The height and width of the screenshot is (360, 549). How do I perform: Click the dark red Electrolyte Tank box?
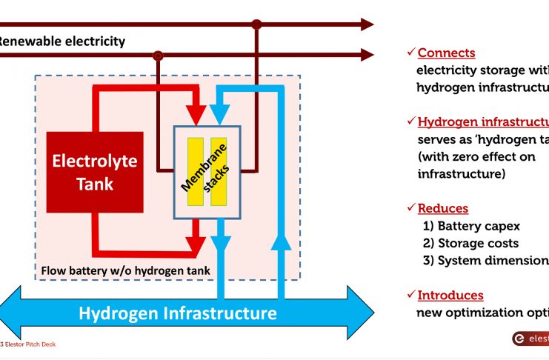pos(94,172)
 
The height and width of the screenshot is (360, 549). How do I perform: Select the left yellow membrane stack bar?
pos(195,172)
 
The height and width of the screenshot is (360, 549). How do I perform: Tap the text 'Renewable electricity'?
pos(62,41)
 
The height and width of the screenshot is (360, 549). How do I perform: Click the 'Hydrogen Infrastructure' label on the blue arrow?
pos(178,313)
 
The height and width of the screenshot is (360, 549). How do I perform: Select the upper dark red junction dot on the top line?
pos(256,24)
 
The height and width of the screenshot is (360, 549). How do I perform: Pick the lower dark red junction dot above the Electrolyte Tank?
pos(157,55)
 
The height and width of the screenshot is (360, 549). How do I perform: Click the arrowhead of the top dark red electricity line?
pos(366,24)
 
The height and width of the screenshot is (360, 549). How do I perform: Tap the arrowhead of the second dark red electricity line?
pos(366,54)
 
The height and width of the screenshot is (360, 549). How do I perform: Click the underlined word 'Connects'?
pos(447,53)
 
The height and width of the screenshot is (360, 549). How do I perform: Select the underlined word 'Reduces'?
pos(443,209)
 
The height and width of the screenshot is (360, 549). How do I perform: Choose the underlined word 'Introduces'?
pos(450,296)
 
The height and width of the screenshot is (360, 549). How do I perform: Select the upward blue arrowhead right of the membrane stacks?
pos(279,241)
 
